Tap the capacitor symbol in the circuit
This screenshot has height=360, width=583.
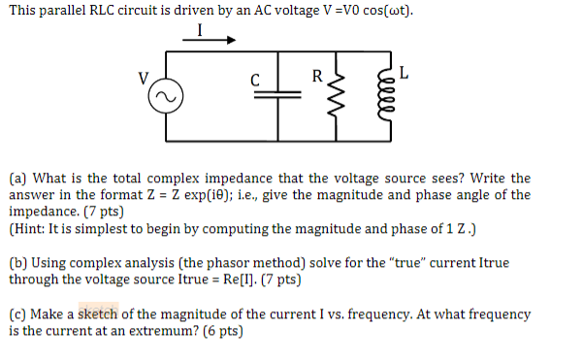pos(279,99)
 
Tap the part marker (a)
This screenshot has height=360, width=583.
pos(17,179)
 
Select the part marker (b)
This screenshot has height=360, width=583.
pos(17,263)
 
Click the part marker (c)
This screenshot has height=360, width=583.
pos(17,314)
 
